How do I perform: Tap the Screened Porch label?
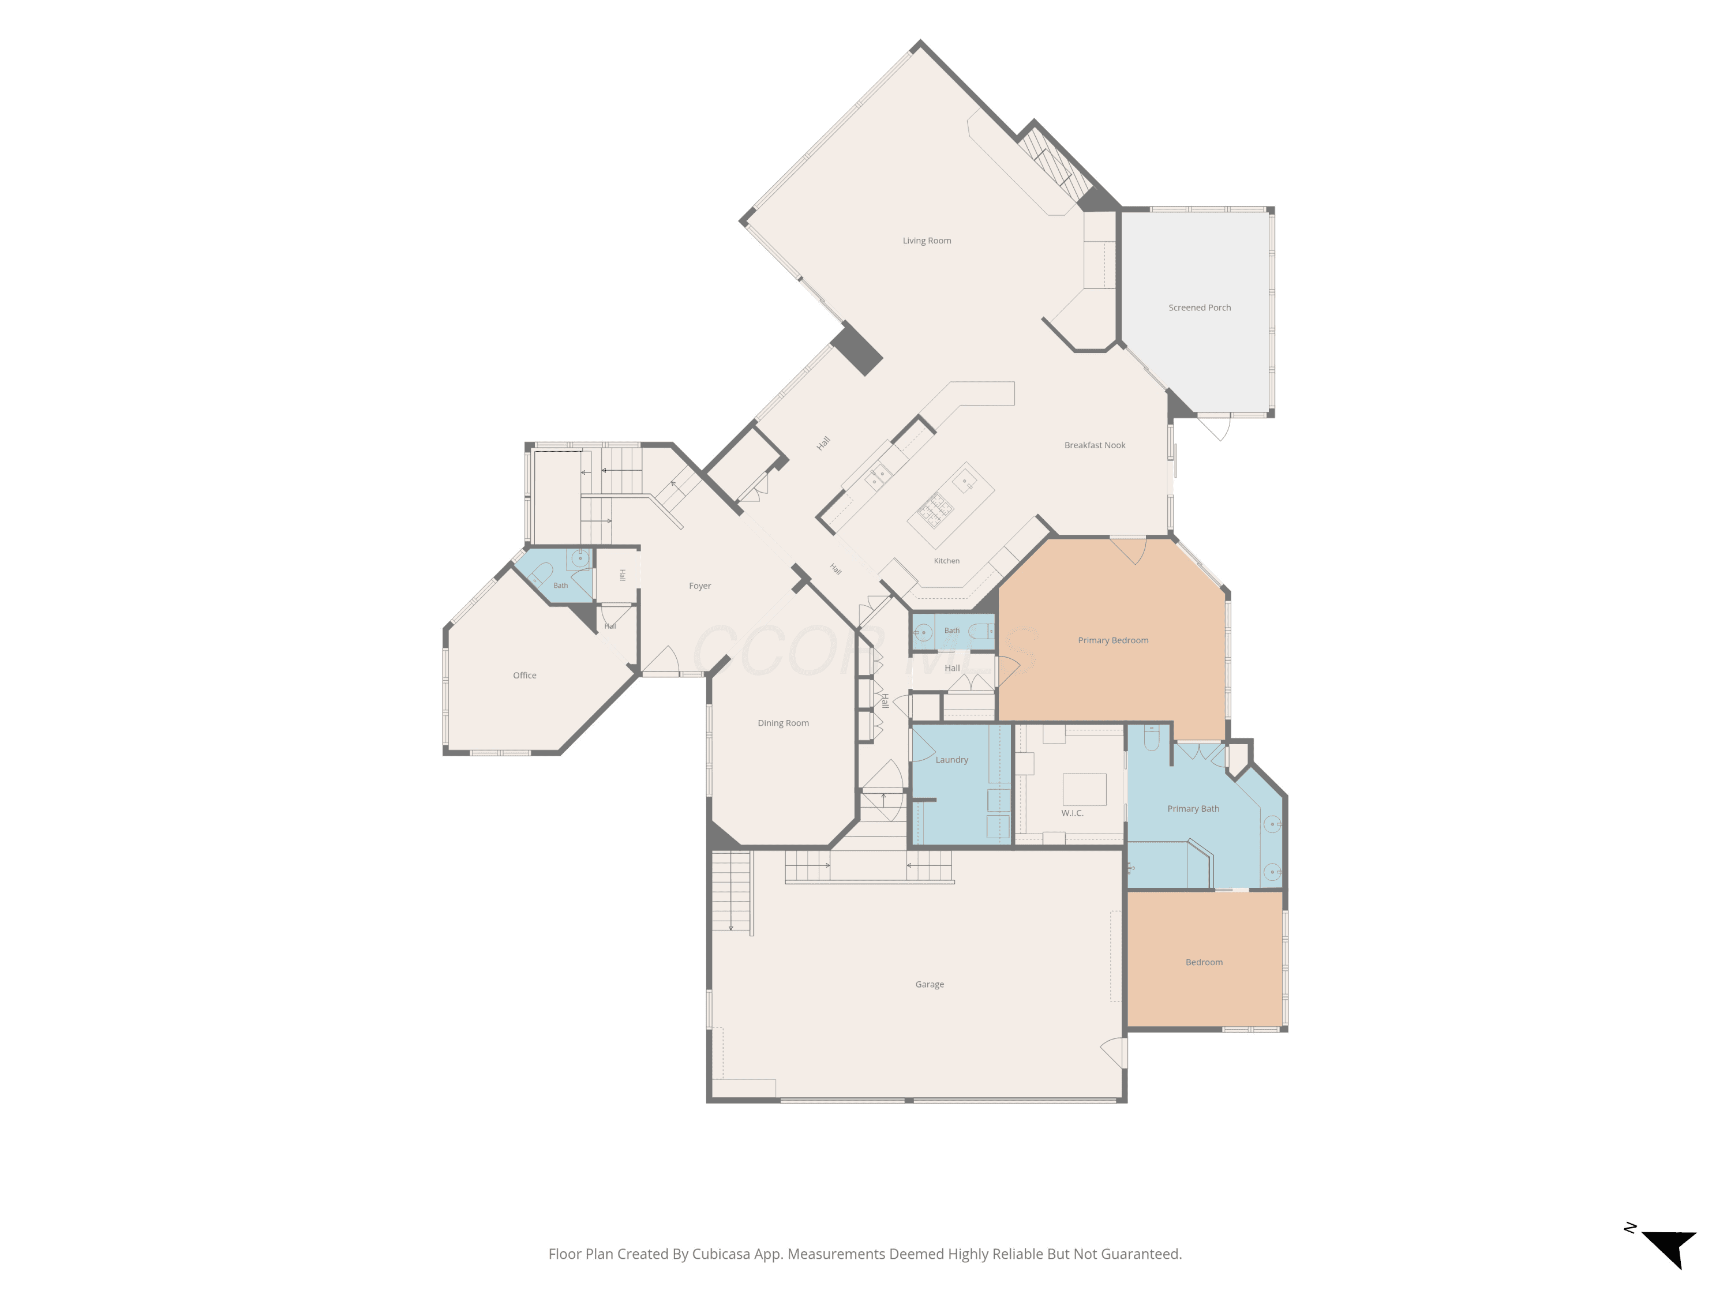click(x=1199, y=308)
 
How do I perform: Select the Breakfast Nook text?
click(x=1095, y=445)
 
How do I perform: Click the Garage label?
click(x=930, y=984)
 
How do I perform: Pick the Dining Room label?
click(x=784, y=723)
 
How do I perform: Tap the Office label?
click(x=524, y=675)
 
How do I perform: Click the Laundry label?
click(x=951, y=760)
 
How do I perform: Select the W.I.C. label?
click(x=1072, y=813)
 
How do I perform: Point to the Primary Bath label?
click(x=1193, y=809)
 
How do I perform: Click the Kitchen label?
click(x=946, y=561)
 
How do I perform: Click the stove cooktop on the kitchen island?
click(x=936, y=510)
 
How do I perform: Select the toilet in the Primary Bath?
click(x=1152, y=738)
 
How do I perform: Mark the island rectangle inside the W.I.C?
click(x=1084, y=789)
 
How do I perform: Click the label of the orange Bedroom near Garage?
click(x=1204, y=962)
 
